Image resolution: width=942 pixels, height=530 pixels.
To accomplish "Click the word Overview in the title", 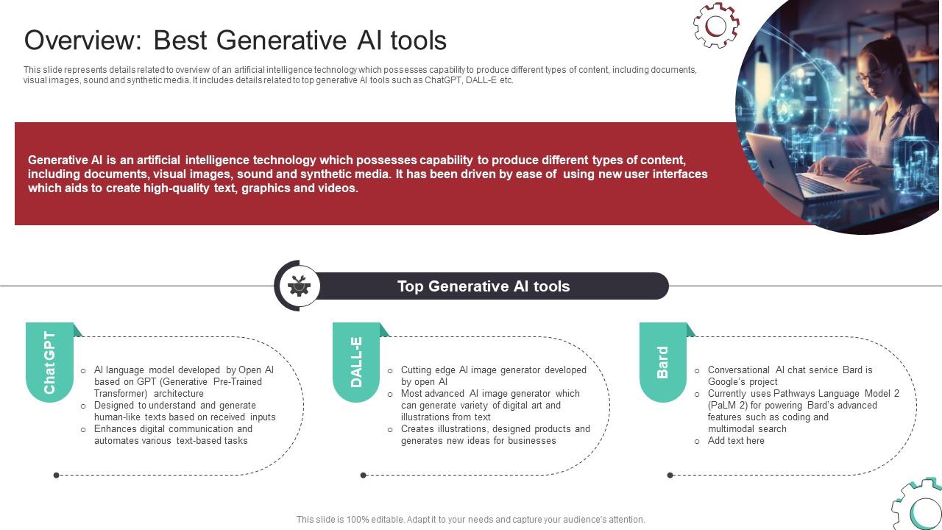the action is (83, 40).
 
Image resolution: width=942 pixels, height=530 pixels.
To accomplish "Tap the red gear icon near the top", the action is (716, 25).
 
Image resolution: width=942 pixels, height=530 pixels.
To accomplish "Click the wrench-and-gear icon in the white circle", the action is (299, 286).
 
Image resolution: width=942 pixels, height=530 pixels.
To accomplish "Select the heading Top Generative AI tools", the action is (484, 286).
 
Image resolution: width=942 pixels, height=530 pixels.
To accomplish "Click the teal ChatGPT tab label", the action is (49, 362).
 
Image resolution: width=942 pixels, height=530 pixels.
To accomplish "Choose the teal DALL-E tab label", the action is (356, 362).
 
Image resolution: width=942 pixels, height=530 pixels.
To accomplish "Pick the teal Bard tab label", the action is (663, 362).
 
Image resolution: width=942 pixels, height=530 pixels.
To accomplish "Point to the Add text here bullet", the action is (736, 440).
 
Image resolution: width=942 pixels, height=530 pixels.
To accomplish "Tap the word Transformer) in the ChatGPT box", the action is (121, 393).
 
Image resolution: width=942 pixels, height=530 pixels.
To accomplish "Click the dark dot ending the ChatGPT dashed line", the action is (57, 476).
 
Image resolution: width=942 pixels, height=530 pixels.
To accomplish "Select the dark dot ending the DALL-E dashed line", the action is (364, 476).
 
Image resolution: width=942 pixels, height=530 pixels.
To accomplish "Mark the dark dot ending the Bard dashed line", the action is (670, 476).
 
